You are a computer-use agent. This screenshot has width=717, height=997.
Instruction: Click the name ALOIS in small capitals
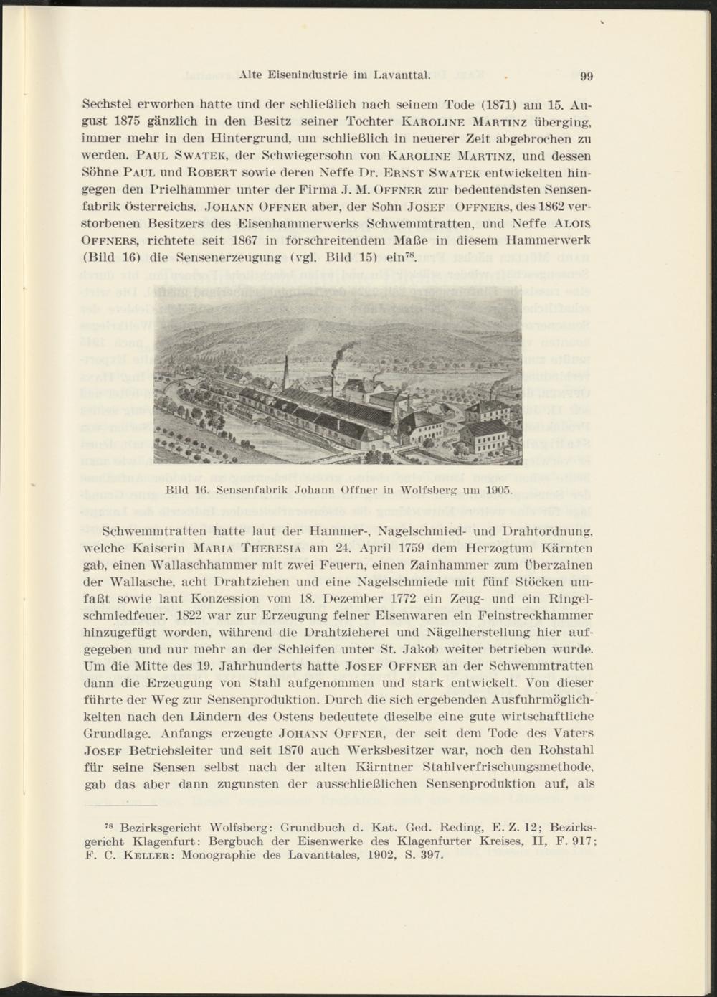[576, 222]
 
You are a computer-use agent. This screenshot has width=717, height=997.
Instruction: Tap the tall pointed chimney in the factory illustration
[285, 373]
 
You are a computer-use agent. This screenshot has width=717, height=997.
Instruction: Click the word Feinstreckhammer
[536, 615]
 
